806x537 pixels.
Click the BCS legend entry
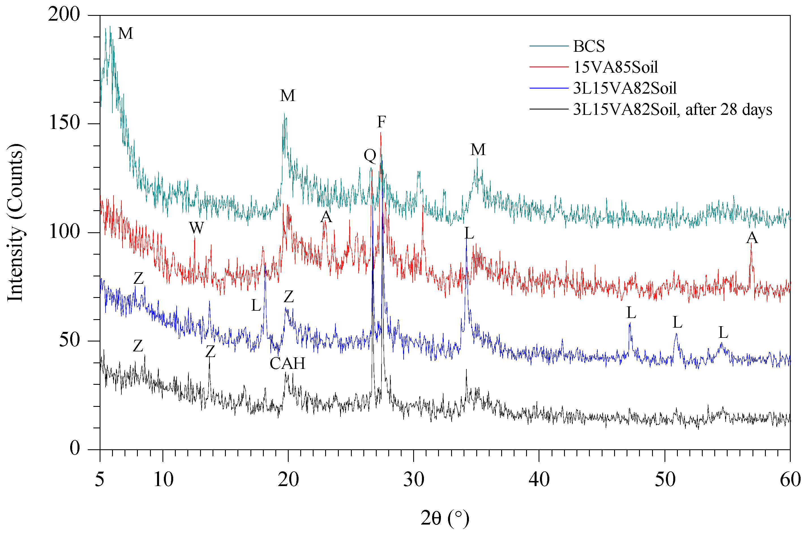pyautogui.click(x=589, y=46)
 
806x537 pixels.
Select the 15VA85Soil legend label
pyautogui.click(x=615, y=67)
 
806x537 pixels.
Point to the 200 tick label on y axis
pyautogui.click(x=64, y=15)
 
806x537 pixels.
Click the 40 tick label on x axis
pyautogui.click(x=539, y=480)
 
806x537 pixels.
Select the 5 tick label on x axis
pyautogui.click(x=100, y=480)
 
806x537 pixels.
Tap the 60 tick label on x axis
pyautogui.click(x=790, y=480)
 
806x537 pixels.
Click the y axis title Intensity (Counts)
pyautogui.click(x=15, y=223)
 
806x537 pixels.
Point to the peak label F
pyautogui.click(x=381, y=122)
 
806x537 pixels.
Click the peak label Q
pyautogui.click(x=370, y=156)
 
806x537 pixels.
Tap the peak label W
pyautogui.click(x=196, y=228)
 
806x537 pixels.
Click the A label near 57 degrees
pyautogui.click(x=752, y=238)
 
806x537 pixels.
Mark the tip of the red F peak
pyautogui.click(x=381, y=133)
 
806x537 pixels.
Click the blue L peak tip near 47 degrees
pyautogui.click(x=630, y=323)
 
